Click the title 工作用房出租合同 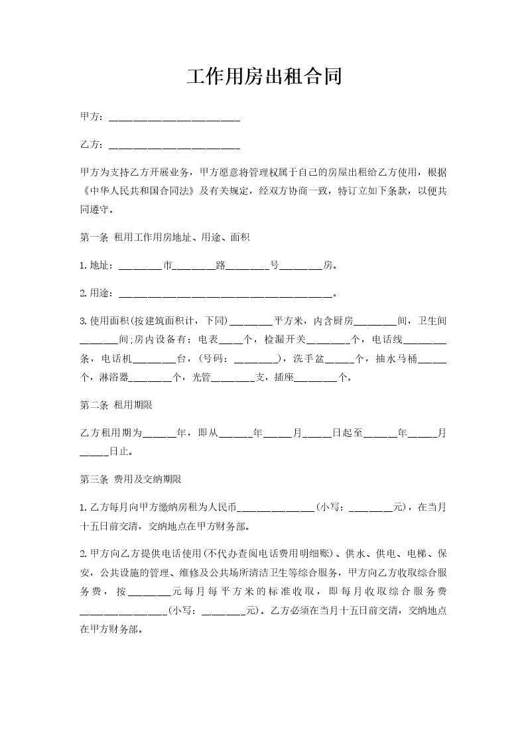coord(263,76)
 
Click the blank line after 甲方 coord(174,117)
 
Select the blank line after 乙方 coord(174,145)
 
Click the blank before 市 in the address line coord(140,267)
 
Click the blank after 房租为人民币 coord(275,509)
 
